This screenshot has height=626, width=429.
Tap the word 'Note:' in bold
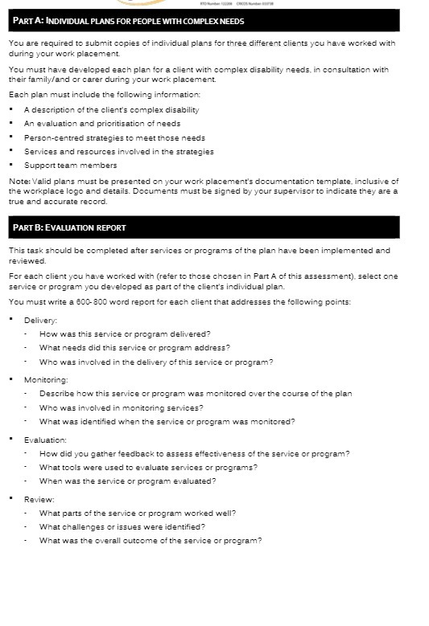click(19, 180)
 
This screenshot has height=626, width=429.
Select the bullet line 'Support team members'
click(70, 166)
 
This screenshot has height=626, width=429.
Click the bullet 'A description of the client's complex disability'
click(111, 110)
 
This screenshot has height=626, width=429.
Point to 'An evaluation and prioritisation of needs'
click(101, 124)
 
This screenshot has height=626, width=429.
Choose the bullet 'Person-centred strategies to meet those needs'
click(114, 137)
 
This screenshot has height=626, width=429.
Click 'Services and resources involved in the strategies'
click(118, 151)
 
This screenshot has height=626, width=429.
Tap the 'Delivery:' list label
click(40, 321)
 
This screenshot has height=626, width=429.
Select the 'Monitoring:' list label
click(46, 380)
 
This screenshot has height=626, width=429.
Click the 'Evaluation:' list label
click(45, 440)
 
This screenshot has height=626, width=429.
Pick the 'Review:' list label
click(39, 500)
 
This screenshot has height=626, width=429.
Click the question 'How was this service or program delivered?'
click(125, 333)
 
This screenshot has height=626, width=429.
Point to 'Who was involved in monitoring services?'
click(122, 407)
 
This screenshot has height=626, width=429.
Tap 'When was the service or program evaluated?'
click(127, 481)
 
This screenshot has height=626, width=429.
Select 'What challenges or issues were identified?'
click(122, 527)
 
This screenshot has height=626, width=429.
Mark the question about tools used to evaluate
click(148, 468)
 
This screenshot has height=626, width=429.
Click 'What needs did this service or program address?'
click(134, 348)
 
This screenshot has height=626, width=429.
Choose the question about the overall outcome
click(151, 541)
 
